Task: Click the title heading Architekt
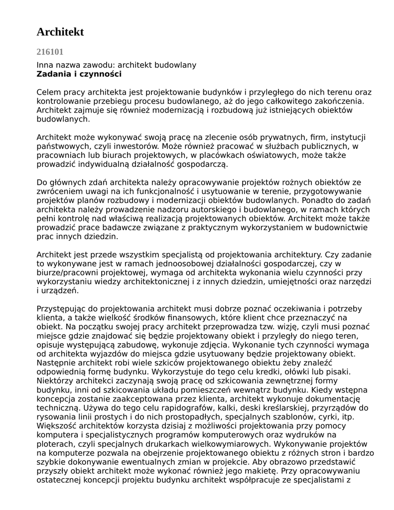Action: click(60, 32)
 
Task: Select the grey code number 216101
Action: click(50, 52)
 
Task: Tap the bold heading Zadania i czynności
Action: click(79, 74)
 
